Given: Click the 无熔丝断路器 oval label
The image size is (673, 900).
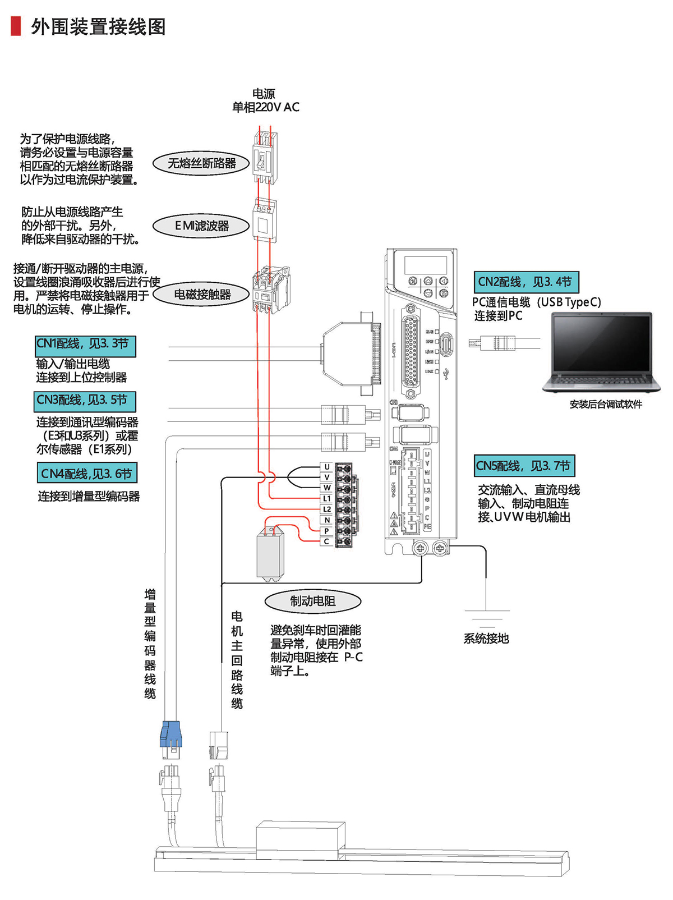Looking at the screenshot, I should [x=201, y=163].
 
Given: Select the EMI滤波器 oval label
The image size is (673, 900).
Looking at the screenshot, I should [x=201, y=226].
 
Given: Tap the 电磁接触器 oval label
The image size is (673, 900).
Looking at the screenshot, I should [x=201, y=295].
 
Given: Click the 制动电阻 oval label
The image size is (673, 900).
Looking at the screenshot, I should [x=312, y=601].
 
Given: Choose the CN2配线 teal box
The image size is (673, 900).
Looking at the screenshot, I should [x=526, y=282].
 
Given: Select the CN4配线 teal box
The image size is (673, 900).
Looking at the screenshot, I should [x=87, y=473].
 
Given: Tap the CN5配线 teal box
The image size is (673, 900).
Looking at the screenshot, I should [x=524, y=466].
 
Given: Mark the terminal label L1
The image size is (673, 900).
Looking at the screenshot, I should [x=327, y=498].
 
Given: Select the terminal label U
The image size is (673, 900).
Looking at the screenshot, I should [x=327, y=467].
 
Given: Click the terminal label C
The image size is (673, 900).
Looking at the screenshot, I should [x=327, y=541].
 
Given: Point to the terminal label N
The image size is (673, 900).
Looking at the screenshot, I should [x=327, y=520].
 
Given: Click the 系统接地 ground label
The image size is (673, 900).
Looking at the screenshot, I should [x=486, y=639].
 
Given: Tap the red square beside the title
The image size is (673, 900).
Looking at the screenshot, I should [x=16, y=26].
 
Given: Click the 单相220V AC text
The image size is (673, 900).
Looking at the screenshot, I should [x=266, y=107].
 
